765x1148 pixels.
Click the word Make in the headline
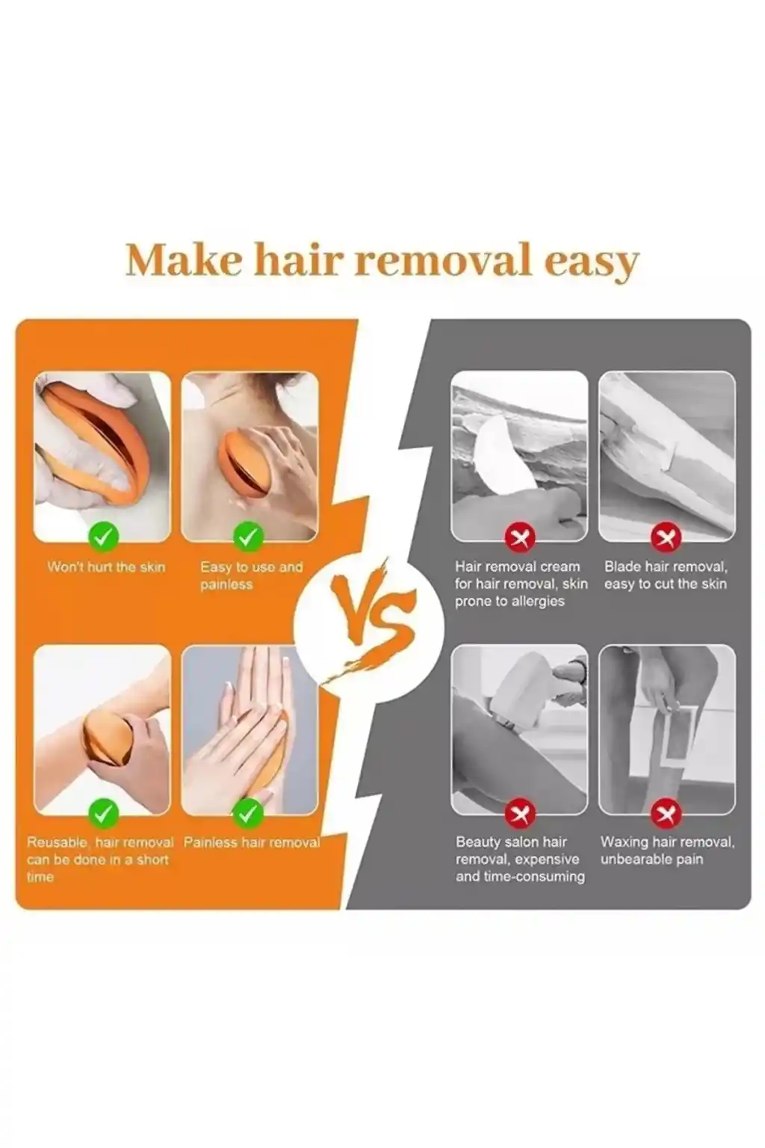[x=184, y=261]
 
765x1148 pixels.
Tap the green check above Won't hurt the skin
[x=103, y=536]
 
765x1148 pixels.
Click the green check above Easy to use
[x=249, y=536]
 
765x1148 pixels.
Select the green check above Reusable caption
[x=103, y=812]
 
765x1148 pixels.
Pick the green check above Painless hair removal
[x=249, y=812]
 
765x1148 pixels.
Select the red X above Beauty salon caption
[x=519, y=813]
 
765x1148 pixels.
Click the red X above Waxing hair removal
[x=666, y=813]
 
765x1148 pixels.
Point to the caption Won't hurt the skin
[x=107, y=567]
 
